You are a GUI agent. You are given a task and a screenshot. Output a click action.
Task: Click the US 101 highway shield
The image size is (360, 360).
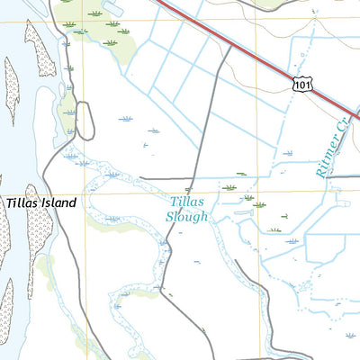click(302, 84)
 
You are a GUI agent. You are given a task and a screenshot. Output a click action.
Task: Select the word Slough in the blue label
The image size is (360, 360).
click(188, 217)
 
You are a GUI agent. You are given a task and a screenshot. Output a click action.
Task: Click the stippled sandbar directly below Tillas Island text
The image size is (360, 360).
click(40, 238)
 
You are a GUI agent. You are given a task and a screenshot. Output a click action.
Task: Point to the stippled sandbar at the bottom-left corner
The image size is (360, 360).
click(7, 310)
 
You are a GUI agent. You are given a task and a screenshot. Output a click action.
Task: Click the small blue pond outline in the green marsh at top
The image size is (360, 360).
click(112, 8)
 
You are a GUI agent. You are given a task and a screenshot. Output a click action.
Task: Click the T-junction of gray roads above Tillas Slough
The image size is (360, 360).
click(191, 177)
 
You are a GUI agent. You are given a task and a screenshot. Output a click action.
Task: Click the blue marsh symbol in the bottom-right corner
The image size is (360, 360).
click(350, 335)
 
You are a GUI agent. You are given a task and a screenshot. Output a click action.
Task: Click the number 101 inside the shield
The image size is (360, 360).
click(302, 85)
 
